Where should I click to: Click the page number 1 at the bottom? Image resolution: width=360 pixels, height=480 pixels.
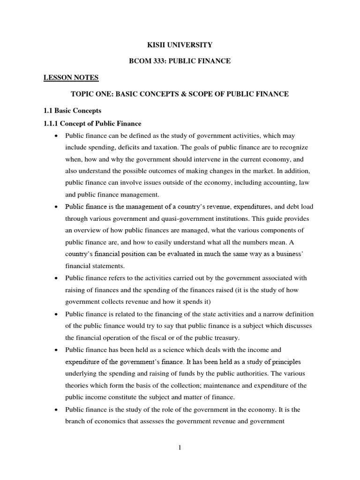click(x=180, y=448)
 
